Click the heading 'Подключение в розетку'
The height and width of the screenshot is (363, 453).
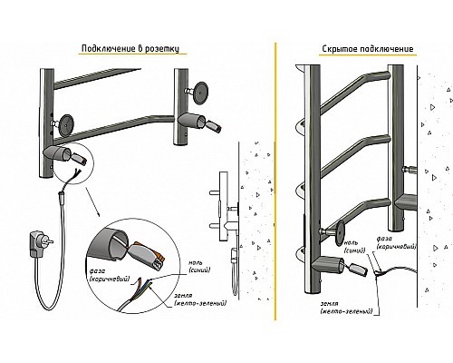pyautogui.click(x=130, y=49)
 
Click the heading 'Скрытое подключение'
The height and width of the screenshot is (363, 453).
pyautogui.click(x=368, y=49)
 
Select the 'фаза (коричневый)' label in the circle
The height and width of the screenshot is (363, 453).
pyautogui.click(x=110, y=275)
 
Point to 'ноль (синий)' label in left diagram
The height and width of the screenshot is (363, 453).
pyautogui.click(x=199, y=267)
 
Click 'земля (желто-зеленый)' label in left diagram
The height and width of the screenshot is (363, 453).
pyautogui.click(x=200, y=299)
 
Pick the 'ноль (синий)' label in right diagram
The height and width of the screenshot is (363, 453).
pyautogui.click(x=355, y=247)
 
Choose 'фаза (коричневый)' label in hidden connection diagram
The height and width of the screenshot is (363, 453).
pyautogui.click(x=396, y=242)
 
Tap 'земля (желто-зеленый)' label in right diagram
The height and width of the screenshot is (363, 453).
pyautogui.click(x=346, y=307)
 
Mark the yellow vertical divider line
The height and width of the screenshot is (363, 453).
pyautogui.click(x=275, y=181)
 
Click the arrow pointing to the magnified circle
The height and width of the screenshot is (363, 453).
pyautogui.click(x=92, y=201)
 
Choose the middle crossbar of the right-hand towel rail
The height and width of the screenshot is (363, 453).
pyautogui.click(x=355, y=154)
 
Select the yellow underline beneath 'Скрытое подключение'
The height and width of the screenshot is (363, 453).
pyautogui.click(x=368, y=55)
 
